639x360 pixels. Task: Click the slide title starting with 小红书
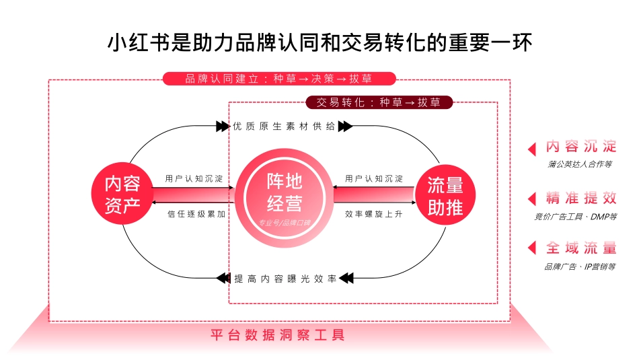tap(319, 42)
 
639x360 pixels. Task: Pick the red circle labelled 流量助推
tap(445, 195)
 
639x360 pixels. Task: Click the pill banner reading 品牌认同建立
tap(279, 79)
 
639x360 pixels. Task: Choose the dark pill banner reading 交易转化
tap(379, 103)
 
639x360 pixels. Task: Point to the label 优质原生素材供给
tap(283, 127)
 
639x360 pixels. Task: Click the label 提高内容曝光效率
tap(285, 278)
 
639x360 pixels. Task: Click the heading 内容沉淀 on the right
tap(581, 147)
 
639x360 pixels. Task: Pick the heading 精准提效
tap(581, 198)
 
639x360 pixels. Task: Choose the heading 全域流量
tap(581, 248)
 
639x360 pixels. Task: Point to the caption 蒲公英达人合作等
tap(580, 164)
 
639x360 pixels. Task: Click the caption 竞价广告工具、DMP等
tap(575, 216)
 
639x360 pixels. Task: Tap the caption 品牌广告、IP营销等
tap(580, 266)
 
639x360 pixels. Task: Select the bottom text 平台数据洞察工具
tap(277, 334)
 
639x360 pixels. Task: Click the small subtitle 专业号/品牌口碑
tap(285, 223)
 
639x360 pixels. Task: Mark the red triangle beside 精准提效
tap(532, 199)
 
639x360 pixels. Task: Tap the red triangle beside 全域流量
tap(532, 249)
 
